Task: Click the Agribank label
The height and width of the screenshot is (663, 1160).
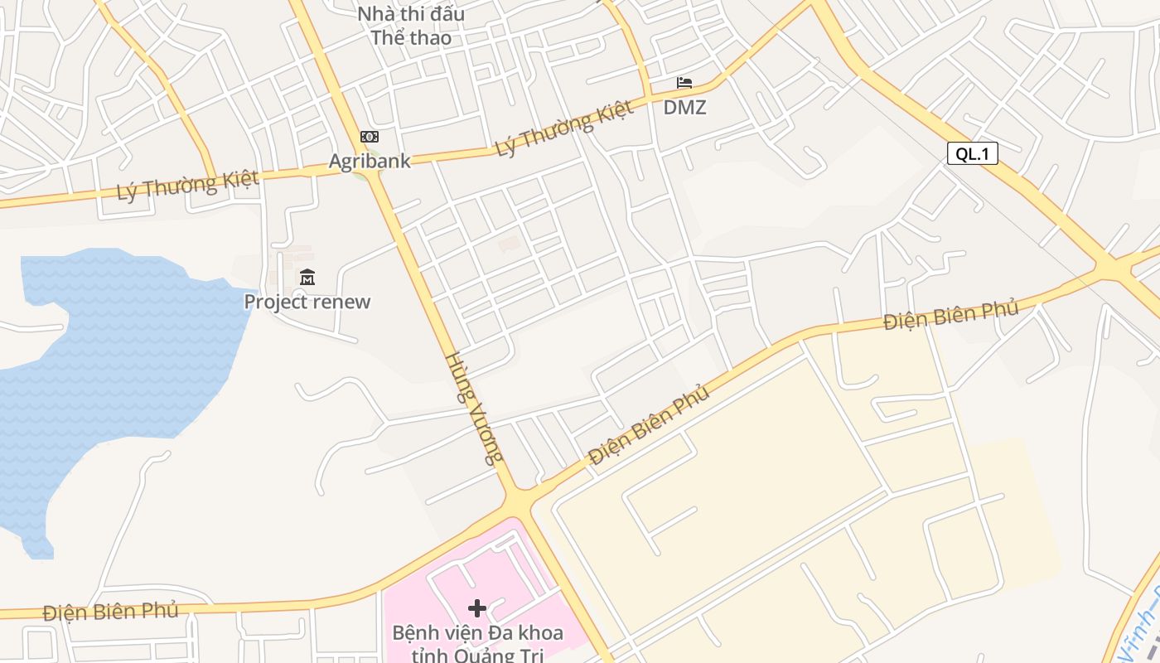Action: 370,161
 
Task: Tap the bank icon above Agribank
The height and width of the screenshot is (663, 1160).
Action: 370,137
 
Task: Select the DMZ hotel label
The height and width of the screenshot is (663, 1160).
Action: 684,107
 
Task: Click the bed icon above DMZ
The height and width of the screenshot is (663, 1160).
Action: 684,83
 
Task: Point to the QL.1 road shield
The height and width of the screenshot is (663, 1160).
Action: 973,153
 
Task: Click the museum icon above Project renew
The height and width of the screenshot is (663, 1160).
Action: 307,277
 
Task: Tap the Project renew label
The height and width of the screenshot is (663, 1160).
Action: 307,302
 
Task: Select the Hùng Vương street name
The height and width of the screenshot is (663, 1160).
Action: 475,408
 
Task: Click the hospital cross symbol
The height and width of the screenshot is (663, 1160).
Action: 477,608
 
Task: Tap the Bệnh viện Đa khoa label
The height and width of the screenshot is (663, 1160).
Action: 477,634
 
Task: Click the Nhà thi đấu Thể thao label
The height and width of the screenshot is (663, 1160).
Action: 411,26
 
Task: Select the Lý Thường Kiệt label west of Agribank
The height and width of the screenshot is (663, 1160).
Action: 187,185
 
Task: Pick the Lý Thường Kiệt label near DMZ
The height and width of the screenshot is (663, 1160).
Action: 564,128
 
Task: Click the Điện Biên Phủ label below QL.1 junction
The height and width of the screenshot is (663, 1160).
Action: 950,315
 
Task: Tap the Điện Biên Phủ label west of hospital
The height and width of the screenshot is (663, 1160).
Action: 110,612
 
